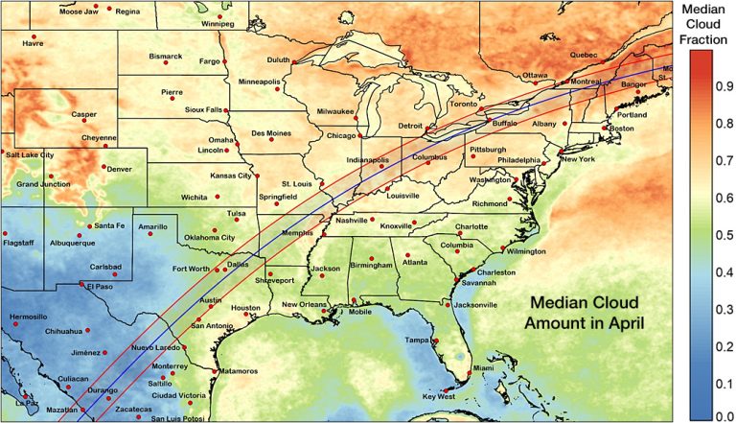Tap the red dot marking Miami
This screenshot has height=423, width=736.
point(471,372)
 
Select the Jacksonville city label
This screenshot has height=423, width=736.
point(475,305)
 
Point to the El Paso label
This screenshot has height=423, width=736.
point(100,287)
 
